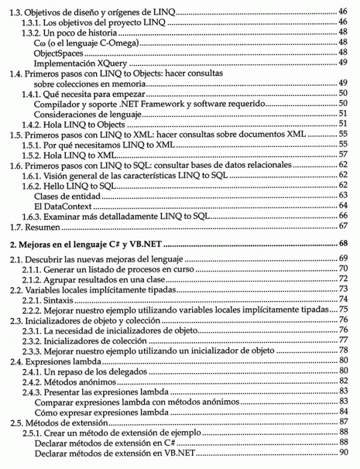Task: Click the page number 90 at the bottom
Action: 344,452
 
